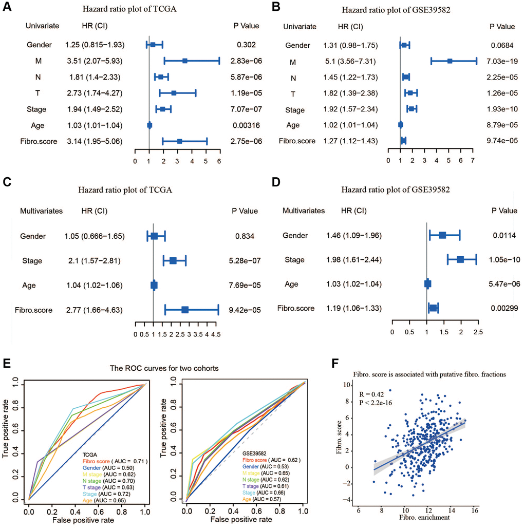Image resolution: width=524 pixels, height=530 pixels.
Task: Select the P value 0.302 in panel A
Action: click(245, 45)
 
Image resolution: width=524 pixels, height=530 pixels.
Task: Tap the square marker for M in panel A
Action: click(184, 61)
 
